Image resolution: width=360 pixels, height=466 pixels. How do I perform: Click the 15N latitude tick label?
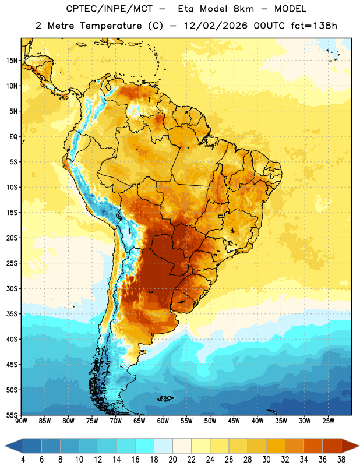12,61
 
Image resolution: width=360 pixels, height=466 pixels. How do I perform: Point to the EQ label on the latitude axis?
13,137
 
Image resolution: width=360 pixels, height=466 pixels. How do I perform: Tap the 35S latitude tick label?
12,314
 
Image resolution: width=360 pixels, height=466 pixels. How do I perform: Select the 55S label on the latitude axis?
12,415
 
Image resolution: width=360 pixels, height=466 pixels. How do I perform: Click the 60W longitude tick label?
163,421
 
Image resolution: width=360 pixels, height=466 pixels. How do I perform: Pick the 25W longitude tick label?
328,421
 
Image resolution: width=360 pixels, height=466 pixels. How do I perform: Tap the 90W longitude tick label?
21,421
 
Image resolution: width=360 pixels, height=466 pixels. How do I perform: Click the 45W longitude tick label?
234,421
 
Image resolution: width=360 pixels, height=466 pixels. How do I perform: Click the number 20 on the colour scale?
172,460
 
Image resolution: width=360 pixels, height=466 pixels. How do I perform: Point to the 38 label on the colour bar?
341,460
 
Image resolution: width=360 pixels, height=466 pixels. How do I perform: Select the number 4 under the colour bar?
23,460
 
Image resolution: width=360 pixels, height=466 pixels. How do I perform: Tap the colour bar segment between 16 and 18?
145,446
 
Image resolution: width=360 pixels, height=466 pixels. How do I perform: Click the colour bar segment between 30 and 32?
276,446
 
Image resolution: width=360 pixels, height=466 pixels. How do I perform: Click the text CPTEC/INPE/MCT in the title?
110,9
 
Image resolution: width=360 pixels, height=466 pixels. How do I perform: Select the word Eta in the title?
186,9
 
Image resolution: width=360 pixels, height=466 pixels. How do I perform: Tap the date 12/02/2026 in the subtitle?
216,26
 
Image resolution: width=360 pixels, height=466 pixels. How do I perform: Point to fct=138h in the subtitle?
314,26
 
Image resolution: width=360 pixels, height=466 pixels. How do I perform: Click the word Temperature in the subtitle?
111,26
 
